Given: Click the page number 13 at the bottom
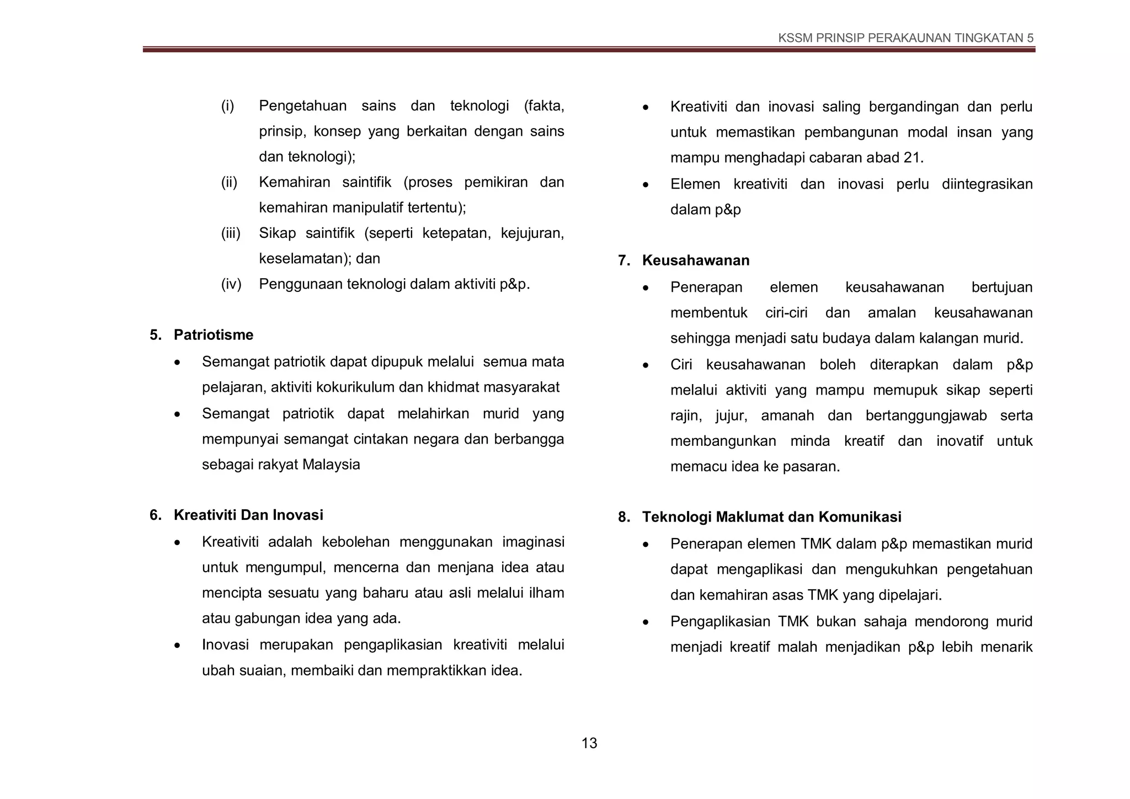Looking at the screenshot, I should tap(589, 743).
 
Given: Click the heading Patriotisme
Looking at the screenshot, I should tap(214, 335).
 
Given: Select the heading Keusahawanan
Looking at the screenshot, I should tap(695, 260).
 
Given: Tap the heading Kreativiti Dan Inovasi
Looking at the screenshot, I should tap(248, 515).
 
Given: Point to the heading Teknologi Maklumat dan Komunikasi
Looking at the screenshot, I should tap(771, 517).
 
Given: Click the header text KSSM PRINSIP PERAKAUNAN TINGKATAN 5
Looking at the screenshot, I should tap(905, 38).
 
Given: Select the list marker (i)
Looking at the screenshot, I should tap(228, 106).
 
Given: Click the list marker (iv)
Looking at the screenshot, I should tap(231, 284).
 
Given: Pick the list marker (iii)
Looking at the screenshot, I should tap(231, 233).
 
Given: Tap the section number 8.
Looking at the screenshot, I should tap(623, 517).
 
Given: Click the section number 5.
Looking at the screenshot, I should tap(155, 335).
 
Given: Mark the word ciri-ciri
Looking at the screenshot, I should tap(786, 313).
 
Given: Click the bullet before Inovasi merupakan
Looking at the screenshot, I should tap(177, 645).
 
